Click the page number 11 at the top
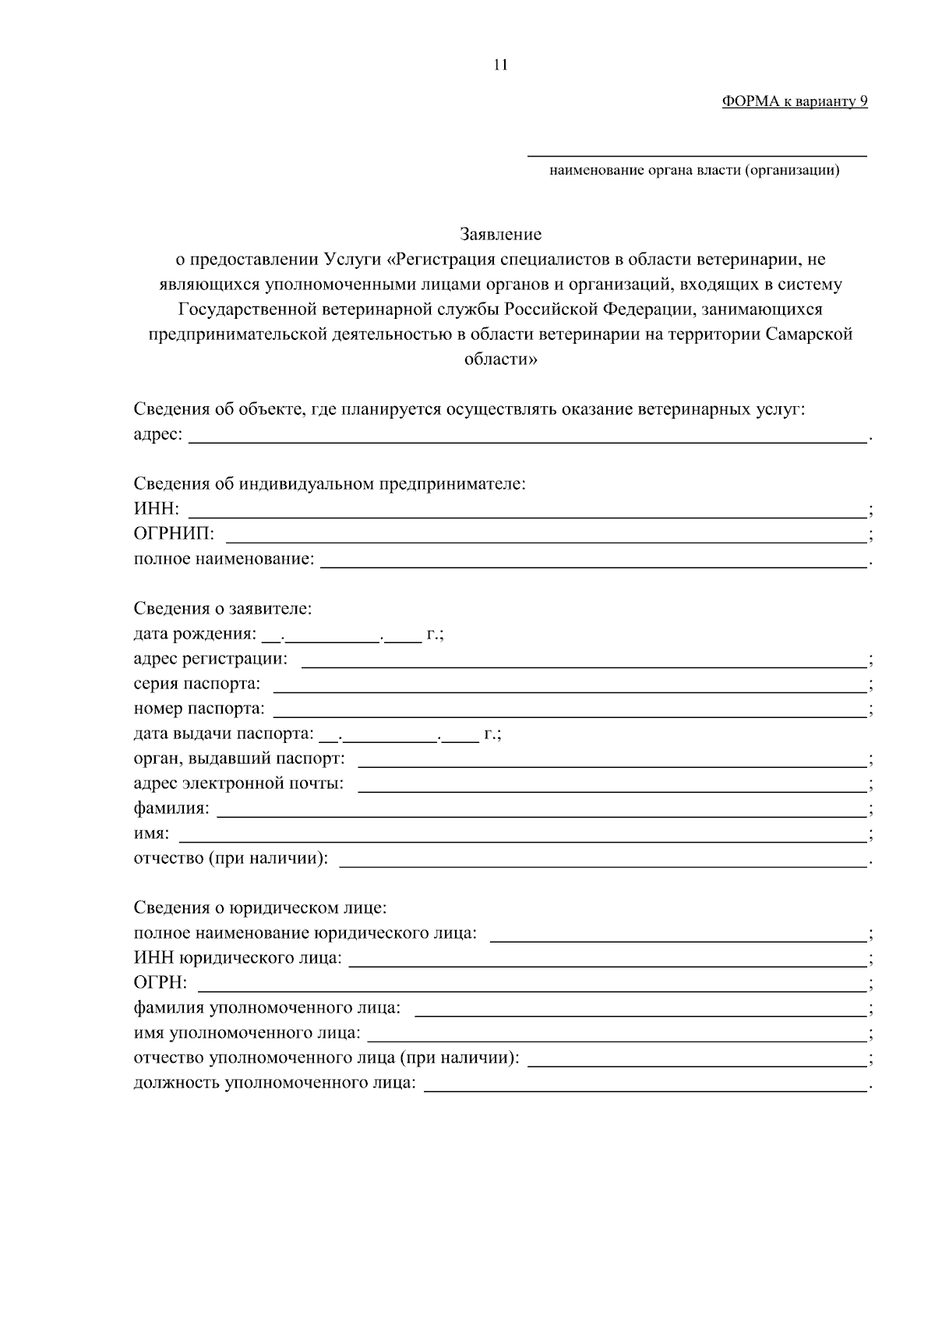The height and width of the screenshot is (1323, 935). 500,65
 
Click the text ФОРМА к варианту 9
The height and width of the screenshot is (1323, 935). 794,101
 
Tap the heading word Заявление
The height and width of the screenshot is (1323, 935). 500,234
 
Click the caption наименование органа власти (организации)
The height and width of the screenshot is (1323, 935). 694,170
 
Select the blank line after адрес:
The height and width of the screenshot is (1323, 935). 528,437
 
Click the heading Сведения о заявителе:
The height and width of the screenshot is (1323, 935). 223,608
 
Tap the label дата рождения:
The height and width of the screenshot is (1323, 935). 195,634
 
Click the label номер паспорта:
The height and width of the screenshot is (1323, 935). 199,709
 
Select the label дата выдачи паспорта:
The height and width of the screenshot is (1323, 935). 223,734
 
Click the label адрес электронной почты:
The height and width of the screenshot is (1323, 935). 238,784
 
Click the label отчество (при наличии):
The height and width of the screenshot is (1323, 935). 231,858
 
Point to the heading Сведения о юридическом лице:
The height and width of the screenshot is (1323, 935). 260,908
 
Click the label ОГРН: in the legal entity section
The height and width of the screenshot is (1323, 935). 161,982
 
